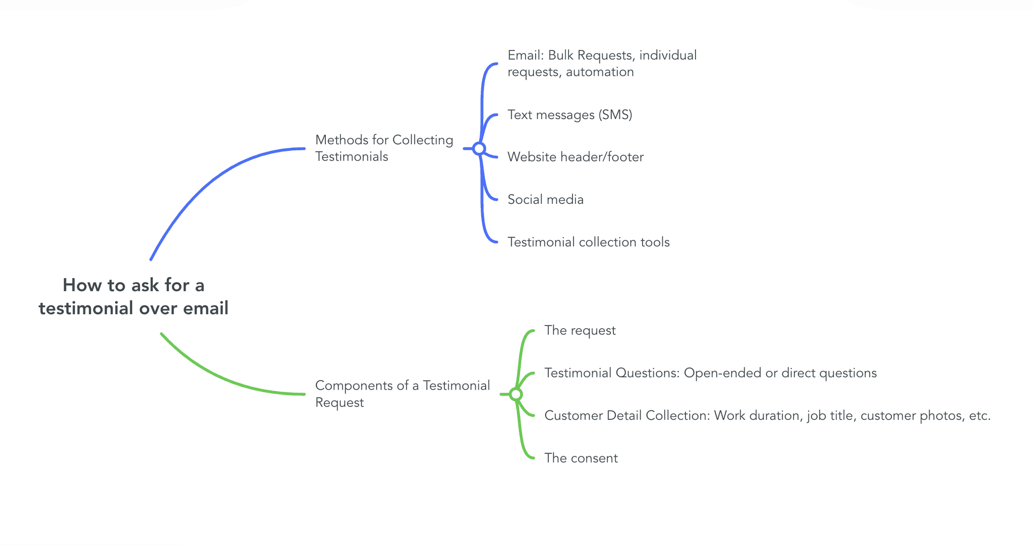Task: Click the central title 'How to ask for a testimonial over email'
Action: [x=134, y=297]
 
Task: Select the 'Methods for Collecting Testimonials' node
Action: [x=384, y=148]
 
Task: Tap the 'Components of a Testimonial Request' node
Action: [x=402, y=394]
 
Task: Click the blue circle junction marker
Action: [x=479, y=148]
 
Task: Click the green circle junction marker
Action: [x=515, y=394]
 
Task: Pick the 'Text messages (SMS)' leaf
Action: [x=569, y=115]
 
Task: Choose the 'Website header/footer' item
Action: [x=575, y=157]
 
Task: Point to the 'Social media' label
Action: [x=545, y=199]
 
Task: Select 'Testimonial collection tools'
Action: [x=588, y=242]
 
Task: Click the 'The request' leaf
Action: [x=580, y=331]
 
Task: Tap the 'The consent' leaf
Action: [x=581, y=458]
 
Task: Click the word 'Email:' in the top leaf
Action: [x=525, y=55]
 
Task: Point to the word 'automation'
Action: [x=600, y=72]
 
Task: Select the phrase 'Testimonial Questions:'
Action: [x=612, y=373]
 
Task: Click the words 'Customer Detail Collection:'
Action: [x=627, y=416]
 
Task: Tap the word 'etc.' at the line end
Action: [x=979, y=416]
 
